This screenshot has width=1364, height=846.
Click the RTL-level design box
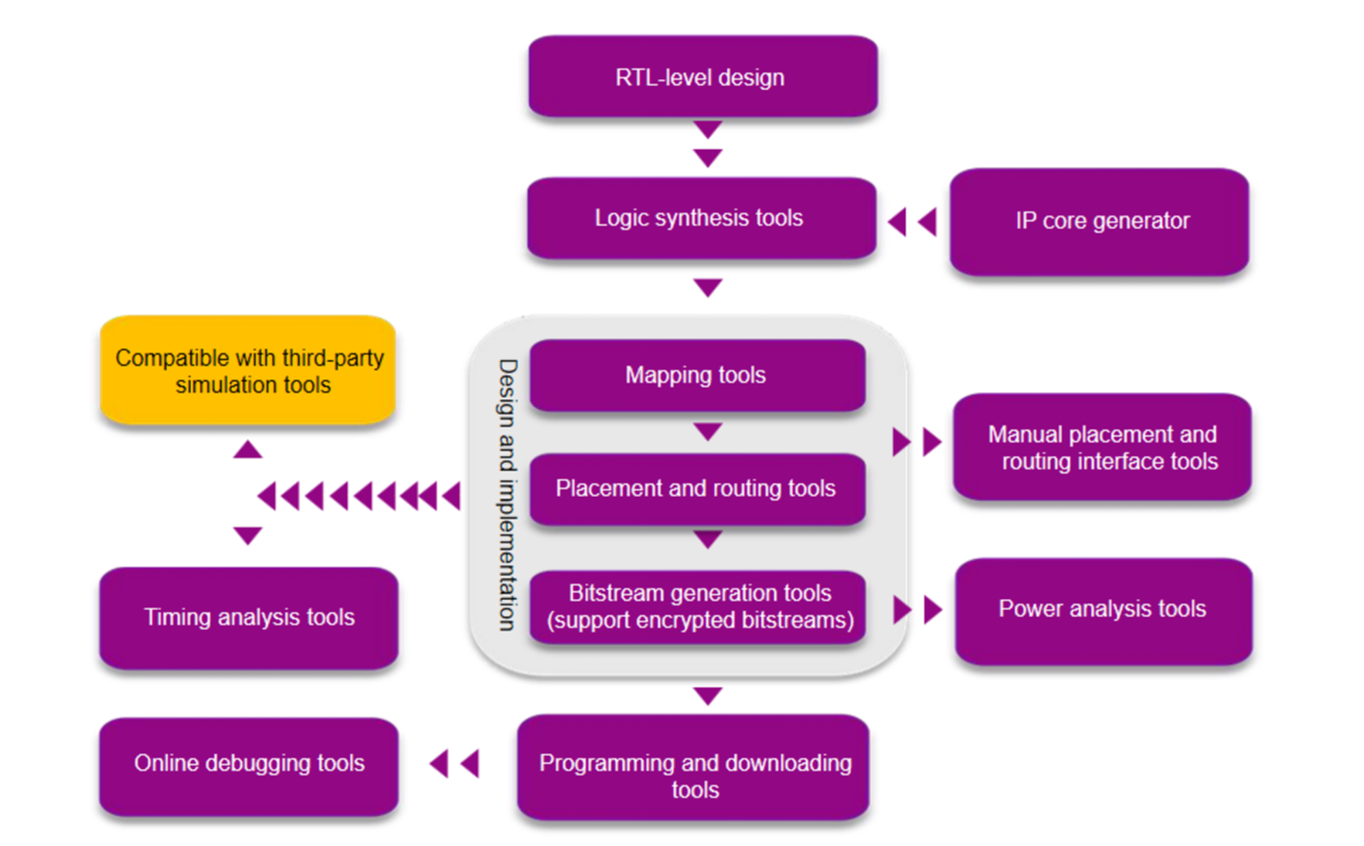click(x=702, y=76)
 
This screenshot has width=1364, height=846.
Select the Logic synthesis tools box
click(x=701, y=218)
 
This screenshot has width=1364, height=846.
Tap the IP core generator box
click(x=1099, y=222)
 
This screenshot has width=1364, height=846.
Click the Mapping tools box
click(x=697, y=375)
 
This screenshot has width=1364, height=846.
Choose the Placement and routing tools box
click(x=697, y=488)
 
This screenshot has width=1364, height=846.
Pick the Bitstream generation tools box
click(x=698, y=607)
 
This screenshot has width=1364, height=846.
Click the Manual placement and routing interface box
click(x=1102, y=447)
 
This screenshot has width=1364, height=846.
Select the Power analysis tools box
click(x=1103, y=609)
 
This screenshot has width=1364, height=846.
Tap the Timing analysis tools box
click(x=249, y=617)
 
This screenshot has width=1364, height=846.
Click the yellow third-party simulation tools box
click(x=248, y=370)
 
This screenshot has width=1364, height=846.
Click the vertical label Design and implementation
click(x=507, y=495)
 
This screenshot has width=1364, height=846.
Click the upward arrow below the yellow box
click(x=248, y=449)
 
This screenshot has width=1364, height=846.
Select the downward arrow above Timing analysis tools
click(x=248, y=535)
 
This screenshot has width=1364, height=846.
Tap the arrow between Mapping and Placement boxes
click(x=708, y=432)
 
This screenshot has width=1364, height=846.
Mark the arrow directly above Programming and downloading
click(x=708, y=695)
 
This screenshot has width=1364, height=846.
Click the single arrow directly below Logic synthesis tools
click(x=708, y=287)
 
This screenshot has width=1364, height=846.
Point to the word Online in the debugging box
click(x=166, y=763)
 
